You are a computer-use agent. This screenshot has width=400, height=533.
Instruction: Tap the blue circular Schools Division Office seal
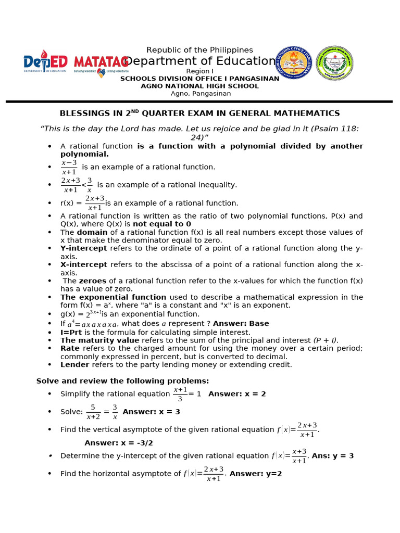click(x=294, y=62)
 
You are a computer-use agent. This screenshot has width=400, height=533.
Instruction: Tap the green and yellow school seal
click(x=334, y=62)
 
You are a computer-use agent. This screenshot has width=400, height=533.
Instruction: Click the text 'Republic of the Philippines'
click(x=199, y=50)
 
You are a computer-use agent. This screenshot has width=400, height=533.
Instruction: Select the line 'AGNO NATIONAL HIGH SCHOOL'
click(x=199, y=86)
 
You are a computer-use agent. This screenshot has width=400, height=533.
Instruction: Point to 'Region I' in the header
click(x=199, y=71)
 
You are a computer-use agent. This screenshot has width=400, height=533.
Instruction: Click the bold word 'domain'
click(x=92, y=232)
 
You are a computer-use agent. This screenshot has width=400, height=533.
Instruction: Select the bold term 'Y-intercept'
click(x=84, y=248)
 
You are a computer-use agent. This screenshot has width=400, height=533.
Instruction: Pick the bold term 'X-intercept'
click(x=84, y=264)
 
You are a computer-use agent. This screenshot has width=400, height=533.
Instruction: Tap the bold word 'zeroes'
click(x=92, y=281)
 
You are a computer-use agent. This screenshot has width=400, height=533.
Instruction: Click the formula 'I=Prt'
click(x=71, y=332)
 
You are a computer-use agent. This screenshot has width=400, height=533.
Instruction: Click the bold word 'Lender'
click(x=75, y=364)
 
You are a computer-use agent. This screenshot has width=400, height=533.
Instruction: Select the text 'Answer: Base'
click(x=241, y=323)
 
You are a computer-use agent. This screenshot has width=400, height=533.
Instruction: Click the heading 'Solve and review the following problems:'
click(x=122, y=380)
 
